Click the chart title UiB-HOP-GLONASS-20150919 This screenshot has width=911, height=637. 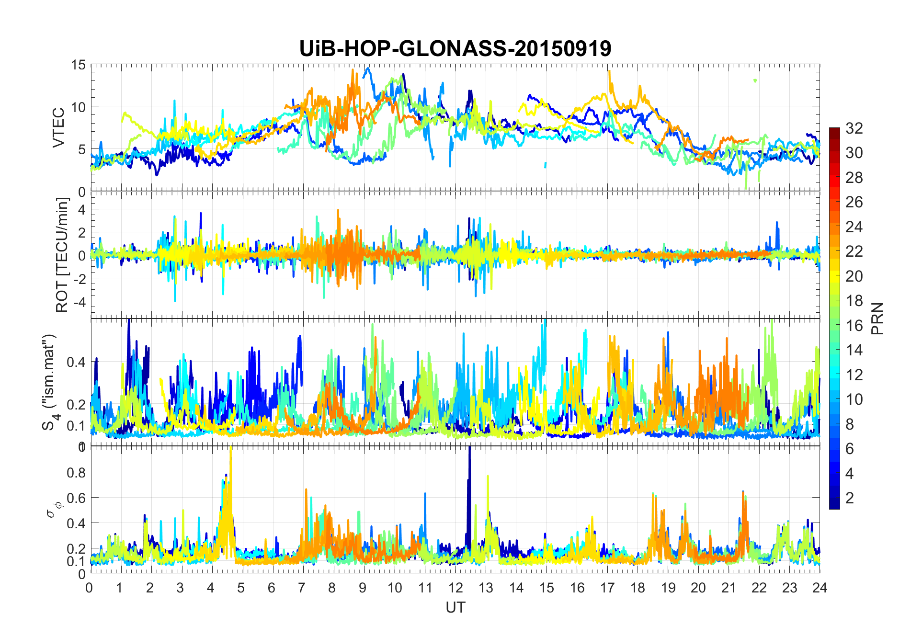[455, 49]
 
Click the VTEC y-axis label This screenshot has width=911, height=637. [58, 128]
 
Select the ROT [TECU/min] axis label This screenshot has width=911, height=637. [62, 255]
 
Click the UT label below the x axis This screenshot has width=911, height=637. [455, 608]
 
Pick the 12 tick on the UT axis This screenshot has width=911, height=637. [455, 588]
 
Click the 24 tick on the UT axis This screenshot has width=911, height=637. [820, 588]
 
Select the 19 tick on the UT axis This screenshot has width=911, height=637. [668, 588]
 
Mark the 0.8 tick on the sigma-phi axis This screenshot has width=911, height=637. [76, 473]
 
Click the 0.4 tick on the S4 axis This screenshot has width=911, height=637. [76, 362]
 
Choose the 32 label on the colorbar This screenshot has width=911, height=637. [854, 128]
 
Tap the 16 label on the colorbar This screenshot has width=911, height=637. [854, 326]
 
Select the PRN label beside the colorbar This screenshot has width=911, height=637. [877, 318]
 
